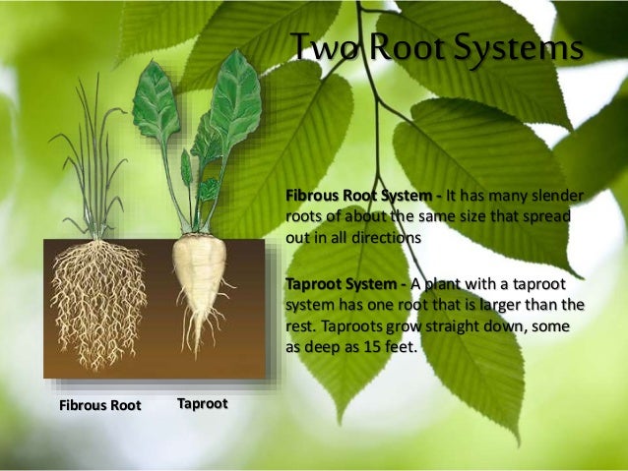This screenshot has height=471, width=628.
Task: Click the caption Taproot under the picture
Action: click(x=202, y=404)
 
